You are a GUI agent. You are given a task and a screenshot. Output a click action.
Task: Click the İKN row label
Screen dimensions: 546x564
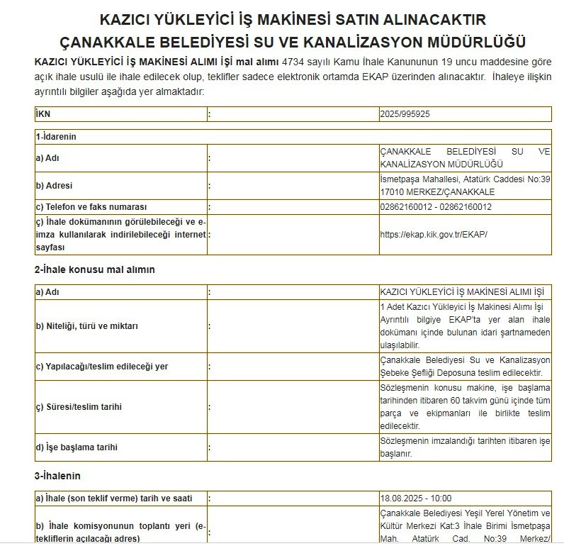pos(43,114)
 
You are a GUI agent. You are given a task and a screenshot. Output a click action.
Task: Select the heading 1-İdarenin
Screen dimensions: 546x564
pos(55,135)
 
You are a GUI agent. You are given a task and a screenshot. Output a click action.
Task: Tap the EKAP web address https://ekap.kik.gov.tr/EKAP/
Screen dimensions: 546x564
pos(434,234)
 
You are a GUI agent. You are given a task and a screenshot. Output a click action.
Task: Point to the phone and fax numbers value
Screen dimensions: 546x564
pos(436,207)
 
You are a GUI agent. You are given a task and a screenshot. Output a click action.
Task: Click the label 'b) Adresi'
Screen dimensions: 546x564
pos(55,186)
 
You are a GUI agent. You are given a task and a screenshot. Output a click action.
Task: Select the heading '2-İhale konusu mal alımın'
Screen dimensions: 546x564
pos(94,269)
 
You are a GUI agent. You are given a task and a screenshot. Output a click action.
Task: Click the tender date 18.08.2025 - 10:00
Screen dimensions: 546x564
pos(416,498)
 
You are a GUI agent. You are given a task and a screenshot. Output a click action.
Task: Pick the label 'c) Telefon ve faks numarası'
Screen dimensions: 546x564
pos(91,207)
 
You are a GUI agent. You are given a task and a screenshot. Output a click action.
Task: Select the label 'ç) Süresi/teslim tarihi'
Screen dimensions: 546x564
pos(79,406)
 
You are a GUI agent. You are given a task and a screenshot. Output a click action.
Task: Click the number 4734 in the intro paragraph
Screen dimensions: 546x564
pos(293,62)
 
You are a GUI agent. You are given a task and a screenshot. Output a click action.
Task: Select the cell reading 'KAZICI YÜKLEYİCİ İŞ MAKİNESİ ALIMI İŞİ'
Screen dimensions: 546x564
pos(461,291)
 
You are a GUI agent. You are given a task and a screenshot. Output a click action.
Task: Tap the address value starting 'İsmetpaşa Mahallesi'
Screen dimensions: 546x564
pos(465,186)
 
